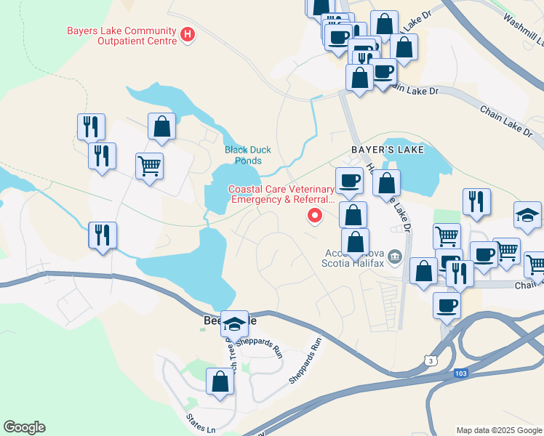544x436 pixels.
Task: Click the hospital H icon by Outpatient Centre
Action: [x=188, y=33]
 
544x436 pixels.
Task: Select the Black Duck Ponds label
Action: [x=247, y=154]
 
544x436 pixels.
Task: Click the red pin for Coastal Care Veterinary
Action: [x=315, y=215]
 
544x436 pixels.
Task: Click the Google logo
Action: [x=23, y=427]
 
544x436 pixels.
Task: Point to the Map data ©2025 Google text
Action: [x=499, y=430]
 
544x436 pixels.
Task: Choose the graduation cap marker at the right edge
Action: [x=527, y=214]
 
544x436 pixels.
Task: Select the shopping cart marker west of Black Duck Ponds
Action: [x=149, y=166]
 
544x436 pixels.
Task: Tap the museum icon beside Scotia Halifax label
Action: [x=394, y=256]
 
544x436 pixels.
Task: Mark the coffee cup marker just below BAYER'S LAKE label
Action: [x=349, y=179]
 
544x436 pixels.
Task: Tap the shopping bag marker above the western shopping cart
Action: [x=161, y=126]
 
